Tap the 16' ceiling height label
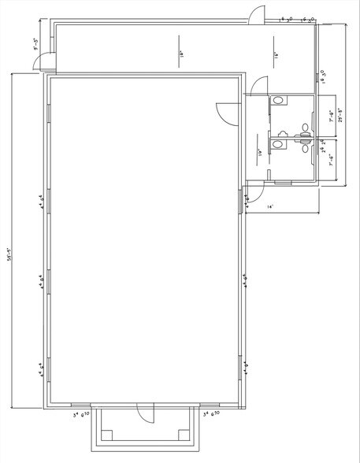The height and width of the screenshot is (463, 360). (276, 56)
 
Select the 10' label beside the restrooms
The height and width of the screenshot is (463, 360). (259, 154)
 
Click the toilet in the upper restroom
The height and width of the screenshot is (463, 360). (279, 101)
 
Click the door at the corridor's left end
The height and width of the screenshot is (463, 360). (48, 61)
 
